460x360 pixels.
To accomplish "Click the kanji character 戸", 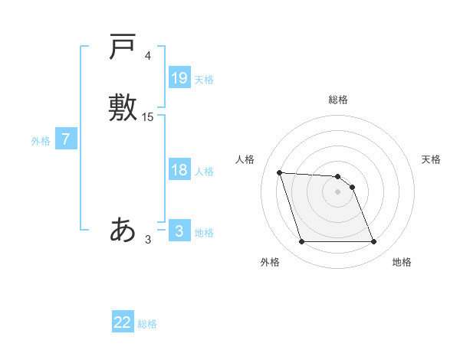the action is coord(123,47).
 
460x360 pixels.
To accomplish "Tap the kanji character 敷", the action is coord(123,106).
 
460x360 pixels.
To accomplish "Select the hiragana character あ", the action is coord(123,228).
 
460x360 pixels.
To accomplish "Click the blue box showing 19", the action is coord(179,77).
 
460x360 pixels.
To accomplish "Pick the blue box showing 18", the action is coord(179,170).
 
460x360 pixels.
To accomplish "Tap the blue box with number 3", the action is coord(179,231).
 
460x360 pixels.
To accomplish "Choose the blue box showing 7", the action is coord(66,140).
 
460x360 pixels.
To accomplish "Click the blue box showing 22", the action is coord(123,322).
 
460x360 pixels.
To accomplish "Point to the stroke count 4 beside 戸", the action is coord(148,57).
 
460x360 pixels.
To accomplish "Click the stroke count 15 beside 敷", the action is coord(148,117).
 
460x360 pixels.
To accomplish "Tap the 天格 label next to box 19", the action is coord(204,80).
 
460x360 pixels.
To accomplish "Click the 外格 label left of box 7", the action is coord(41,141).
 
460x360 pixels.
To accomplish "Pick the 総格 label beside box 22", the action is coord(147,324).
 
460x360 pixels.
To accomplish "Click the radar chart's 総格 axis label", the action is coord(338,100).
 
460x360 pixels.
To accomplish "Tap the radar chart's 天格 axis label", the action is coord(431,159).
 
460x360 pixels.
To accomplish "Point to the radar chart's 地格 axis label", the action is coord(402,262).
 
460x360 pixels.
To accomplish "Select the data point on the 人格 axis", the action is coord(279,172).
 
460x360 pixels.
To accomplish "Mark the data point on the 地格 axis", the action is coord(374,242).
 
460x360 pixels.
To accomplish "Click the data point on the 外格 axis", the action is coord(301,242).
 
